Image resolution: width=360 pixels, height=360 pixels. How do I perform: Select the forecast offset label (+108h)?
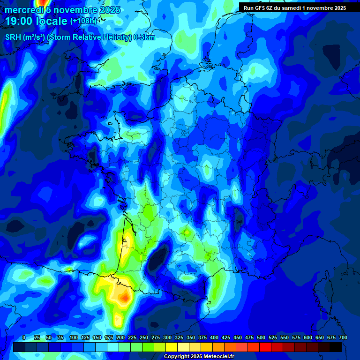[83, 21]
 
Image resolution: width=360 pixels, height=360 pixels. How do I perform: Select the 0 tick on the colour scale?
[24, 337]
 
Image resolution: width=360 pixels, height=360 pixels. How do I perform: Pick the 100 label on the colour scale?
[74, 337]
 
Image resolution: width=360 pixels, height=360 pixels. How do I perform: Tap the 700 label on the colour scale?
[343, 337]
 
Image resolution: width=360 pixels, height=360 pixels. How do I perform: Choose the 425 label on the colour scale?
[226, 337]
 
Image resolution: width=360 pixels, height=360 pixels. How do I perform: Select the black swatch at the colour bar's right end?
[336, 347]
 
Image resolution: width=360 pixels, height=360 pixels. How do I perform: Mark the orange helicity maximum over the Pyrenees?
[124, 297]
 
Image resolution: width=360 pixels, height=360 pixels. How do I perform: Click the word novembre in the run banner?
[323, 8]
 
